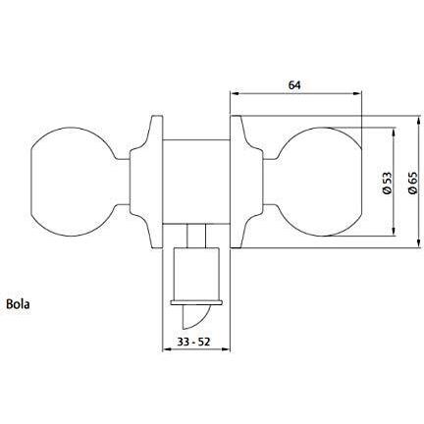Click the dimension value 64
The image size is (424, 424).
click(x=293, y=84)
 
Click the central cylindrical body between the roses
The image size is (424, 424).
click(x=195, y=183)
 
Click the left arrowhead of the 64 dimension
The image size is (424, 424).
click(x=233, y=95)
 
